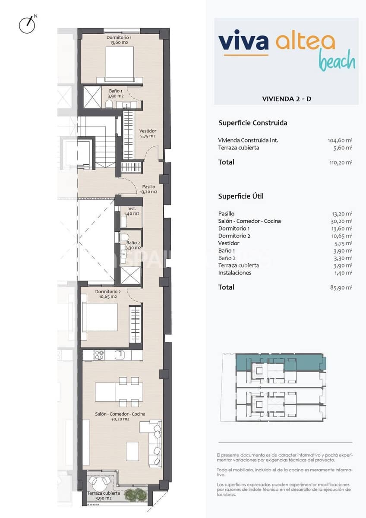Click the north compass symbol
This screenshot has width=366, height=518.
pyautogui.click(x=27, y=25)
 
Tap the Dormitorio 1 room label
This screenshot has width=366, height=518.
pyautogui.click(x=119, y=40)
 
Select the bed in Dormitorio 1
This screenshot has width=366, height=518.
pyautogui.click(x=119, y=64)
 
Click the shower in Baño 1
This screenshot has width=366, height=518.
pyautogui.click(x=91, y=97)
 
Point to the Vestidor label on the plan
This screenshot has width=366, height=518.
pyautogui.click(x=148, y=133)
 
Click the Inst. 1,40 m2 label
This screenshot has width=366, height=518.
pyautogui.click(x=132, y=211)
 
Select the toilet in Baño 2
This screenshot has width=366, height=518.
pyautogui.click(x=124, y=237)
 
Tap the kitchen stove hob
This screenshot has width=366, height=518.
pyautogui.click(x=99, y=355)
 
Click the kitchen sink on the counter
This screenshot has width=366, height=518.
pyautogui.click(x=121, y=355)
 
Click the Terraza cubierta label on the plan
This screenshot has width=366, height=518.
pyautogui.click(x=103, y=496)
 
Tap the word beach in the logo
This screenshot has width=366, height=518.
pyautogui.click(x=337, y=61)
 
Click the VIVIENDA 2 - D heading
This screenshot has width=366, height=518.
pyautogui.click(x=287, y=99)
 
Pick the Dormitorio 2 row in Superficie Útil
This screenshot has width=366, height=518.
pyautogui.click(x=234, y=236)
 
